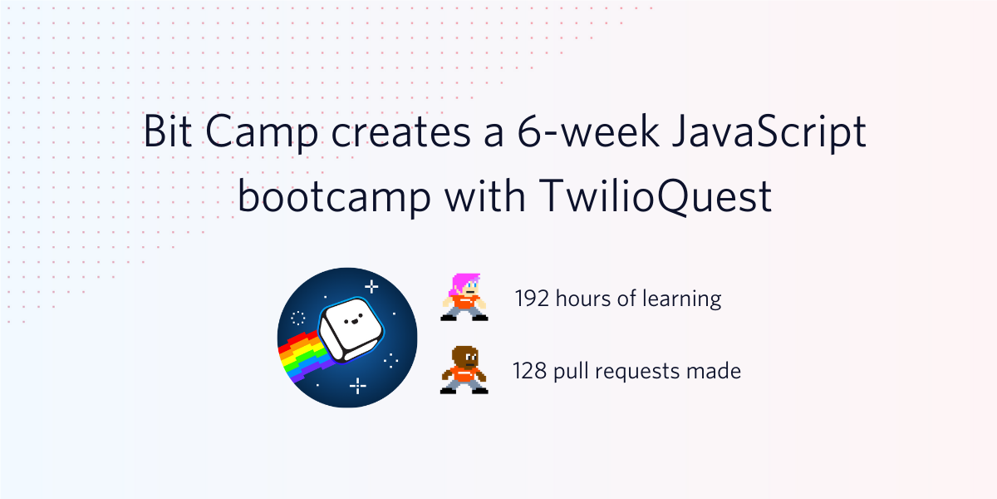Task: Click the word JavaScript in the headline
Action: pos(769,132)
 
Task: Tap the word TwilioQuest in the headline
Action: pos(656,197)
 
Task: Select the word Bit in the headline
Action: pos(168,131)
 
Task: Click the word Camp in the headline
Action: pos(262,133)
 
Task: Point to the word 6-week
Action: pos(588,131)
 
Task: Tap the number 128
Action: pos(530,371)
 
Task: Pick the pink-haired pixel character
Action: pos(464,297)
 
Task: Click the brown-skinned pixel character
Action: pos(464,370)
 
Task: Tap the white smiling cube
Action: pos(351,329)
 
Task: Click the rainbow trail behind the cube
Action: pos(303,357)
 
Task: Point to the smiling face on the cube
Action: pos(353,320)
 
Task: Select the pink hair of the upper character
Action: pos(462,284)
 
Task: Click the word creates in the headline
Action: pos(400,133)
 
